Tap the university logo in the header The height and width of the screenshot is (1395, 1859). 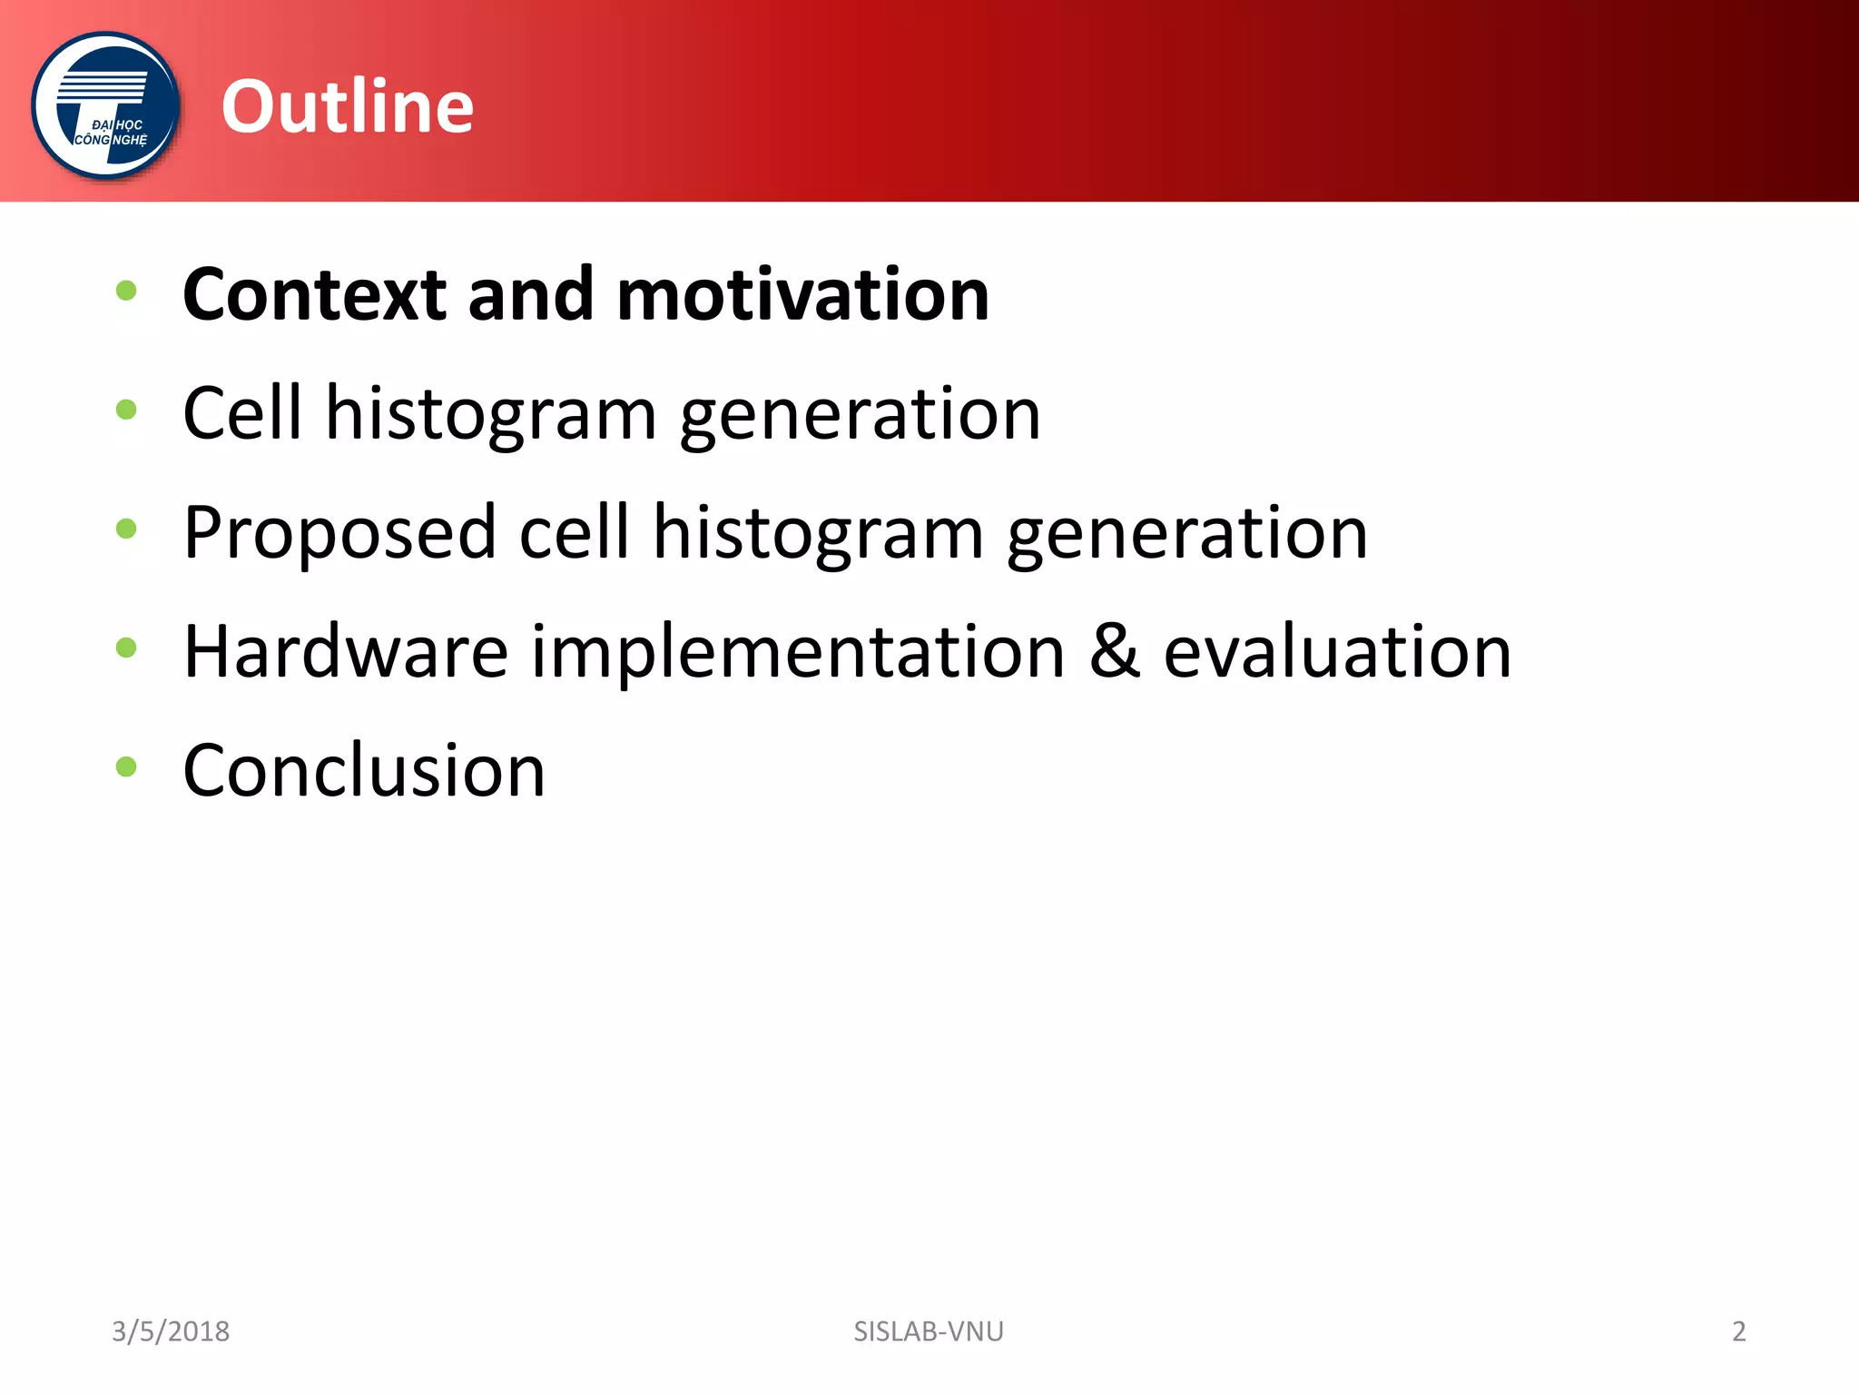(106, 106)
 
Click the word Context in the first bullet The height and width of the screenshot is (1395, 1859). (315, 294)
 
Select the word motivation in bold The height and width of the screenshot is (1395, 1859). (802, 294)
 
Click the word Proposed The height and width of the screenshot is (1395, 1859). (340, 534)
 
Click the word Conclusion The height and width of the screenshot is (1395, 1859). (364, 770)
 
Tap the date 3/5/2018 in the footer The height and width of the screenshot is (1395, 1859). (171, 1331)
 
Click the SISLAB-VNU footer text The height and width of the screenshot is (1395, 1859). (929, 1331)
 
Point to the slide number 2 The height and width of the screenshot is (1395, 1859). (1739, 1331)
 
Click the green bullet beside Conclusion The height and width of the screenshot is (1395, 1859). (126, 767)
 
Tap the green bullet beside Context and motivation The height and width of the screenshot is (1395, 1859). (126, 291)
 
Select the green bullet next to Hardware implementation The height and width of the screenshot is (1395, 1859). (126, 648)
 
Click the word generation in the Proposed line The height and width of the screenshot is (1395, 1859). (1187, 534)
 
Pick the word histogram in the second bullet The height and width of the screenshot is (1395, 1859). (491, 415)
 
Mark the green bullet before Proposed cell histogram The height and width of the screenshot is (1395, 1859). (126, 529)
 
